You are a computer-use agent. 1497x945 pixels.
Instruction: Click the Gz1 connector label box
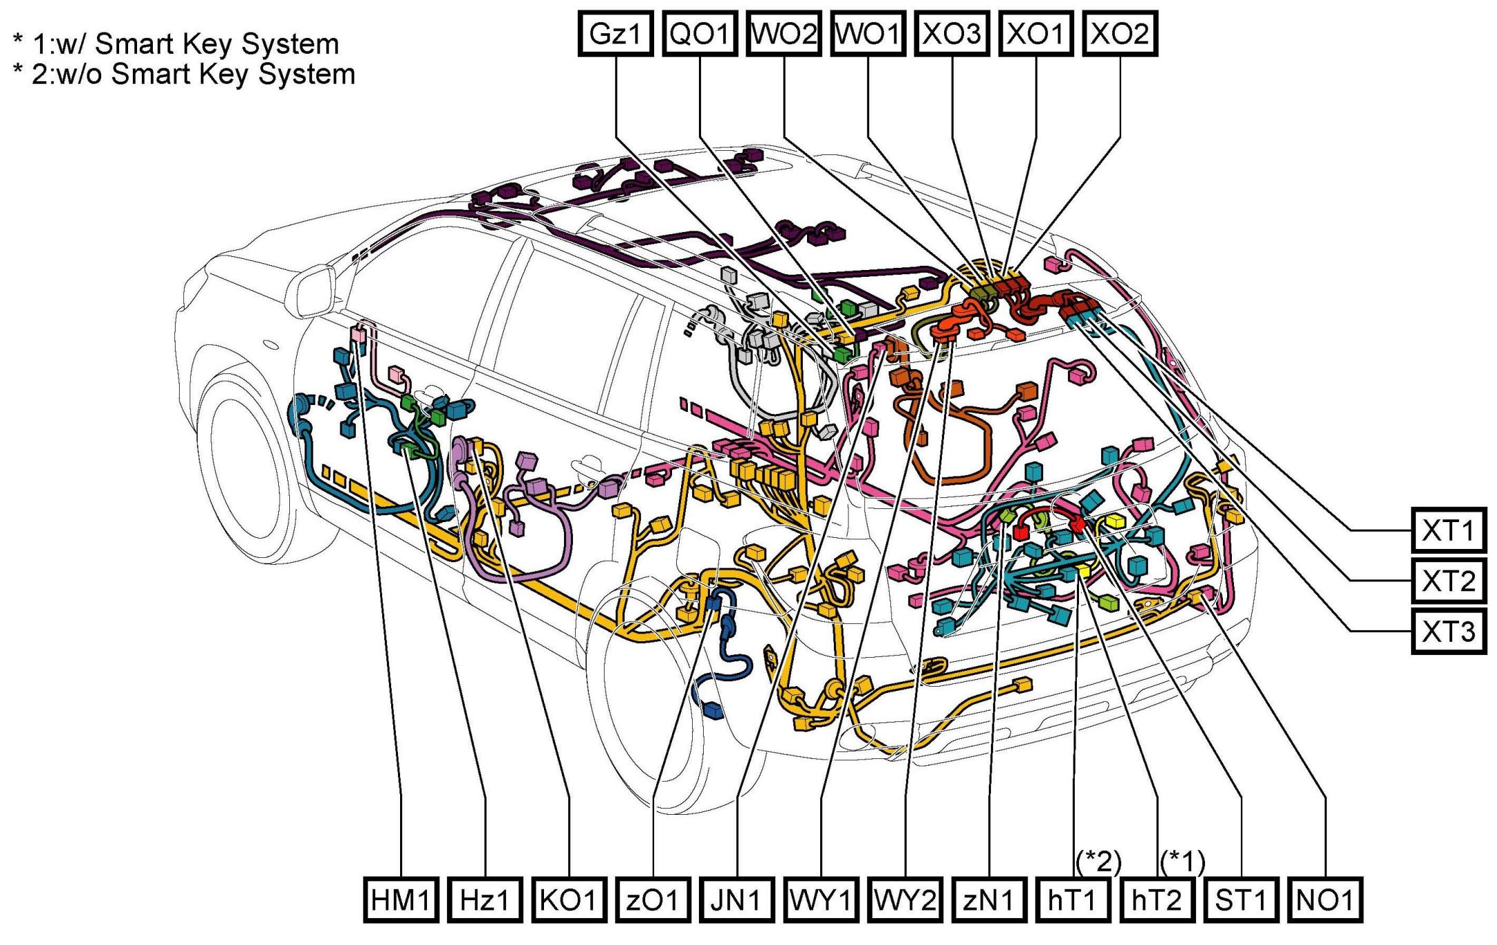[x=615, y=33]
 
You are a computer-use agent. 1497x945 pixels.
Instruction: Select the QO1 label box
[x=700, y=33]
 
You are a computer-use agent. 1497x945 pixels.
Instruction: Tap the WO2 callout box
[x=784, y=33]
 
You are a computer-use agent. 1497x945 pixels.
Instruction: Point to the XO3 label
[x=952, y=33]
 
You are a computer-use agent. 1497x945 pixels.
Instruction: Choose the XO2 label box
[x=1120, y=33]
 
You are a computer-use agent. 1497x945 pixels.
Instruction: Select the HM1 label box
[x=401, y=900]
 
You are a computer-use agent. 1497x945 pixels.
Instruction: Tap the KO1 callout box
[x=569, y=900]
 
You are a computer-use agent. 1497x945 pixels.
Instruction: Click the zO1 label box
[x=653, y=900]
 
